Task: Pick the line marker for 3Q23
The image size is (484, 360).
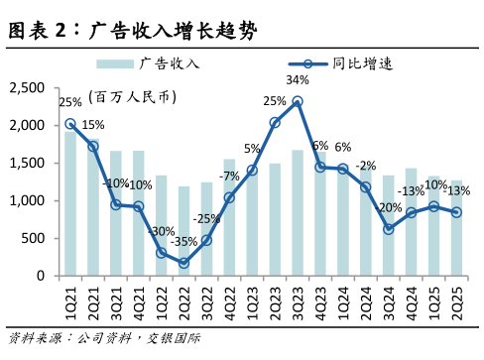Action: tap(298, 101)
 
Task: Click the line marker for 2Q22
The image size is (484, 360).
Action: tap(183, 263)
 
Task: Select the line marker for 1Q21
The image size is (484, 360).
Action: tap(70, 124)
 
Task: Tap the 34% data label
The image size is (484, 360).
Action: tap(298, 79)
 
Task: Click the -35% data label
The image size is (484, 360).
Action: tap(182, 241)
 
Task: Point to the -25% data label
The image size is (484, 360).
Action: tap(206, 218)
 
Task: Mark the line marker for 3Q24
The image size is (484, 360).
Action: tap(388, 229)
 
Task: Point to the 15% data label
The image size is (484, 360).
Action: tap(92, 125)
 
